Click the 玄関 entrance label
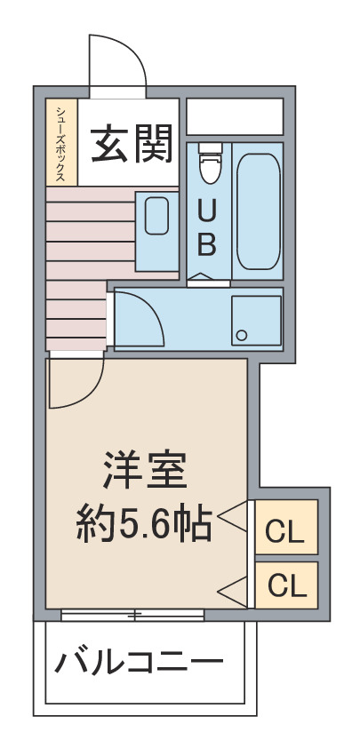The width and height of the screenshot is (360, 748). click(132, 143)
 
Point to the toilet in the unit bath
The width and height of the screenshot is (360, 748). click(209, 163)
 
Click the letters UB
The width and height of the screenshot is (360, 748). click(207, 227)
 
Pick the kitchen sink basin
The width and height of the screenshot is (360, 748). click(157, 216)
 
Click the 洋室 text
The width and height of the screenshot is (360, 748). click(145, 471)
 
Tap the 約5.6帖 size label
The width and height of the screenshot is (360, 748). click(144, 524)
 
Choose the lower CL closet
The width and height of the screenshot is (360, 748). click(286, 585)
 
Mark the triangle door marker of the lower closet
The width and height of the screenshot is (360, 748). click(234, 588)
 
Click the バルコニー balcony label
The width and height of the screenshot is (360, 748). click(140, 663)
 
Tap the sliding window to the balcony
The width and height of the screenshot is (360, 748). click(132, 615)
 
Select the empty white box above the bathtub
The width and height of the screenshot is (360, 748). click(235, 116)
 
